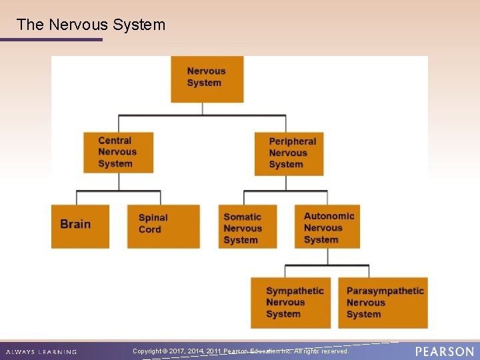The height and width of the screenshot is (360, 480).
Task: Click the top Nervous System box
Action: (x=207, y=79)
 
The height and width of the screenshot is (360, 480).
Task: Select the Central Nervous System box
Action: (x=118, y=153)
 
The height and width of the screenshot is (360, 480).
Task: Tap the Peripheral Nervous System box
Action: (x=289, y=153)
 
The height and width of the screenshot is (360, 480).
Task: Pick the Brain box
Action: (x=80, y=226)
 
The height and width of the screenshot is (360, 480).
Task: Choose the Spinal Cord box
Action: (x=163, y=226)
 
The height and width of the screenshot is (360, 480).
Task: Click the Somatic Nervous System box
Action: (x=247, y=227)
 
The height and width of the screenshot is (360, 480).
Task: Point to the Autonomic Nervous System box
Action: (x=327, y=227)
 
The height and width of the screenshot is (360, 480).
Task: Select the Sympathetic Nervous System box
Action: (x=291, y=303)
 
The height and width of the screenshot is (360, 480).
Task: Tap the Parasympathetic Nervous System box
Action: (x=383, y=303)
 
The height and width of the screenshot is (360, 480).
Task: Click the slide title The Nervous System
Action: (x=91, y=25)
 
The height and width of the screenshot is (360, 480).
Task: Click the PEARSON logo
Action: (x=444, y=351)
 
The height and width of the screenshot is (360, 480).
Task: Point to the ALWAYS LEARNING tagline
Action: (x=41, y=352)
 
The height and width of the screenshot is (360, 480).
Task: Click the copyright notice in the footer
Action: (x=240, y=351)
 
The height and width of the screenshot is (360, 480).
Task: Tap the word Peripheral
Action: (x=292, y=141)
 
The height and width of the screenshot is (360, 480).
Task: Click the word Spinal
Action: (x=153, y=218)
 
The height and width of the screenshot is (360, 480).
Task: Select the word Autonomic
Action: (x=329, y=216)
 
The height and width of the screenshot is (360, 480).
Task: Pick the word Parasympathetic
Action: (x=385, y=291)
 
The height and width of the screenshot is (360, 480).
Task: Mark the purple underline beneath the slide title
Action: (x=51, y=39)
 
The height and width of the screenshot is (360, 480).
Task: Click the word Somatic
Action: (x=242, y=217)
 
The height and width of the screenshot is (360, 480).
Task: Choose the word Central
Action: (x=115, y=141)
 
